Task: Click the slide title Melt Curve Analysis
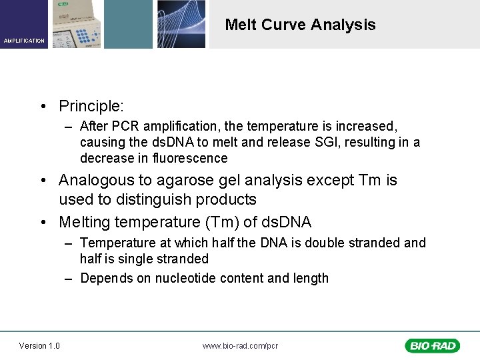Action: point(300,25)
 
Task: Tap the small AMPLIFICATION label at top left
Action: point(24,41)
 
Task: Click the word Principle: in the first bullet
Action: point(91,106)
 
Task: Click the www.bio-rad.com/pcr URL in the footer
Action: point(240,345)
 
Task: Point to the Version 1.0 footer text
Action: point(39,345)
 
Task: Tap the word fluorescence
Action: point(190,158)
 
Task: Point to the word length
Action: point(311,278)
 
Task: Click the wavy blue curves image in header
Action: point(181,24)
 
